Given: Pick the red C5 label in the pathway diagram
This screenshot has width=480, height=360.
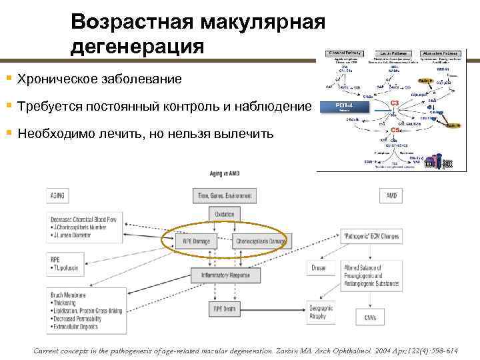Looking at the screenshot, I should click(395, 131).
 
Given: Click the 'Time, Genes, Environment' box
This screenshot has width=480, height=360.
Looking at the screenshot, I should click(223, 195).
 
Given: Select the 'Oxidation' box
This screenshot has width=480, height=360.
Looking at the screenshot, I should click(223, 213).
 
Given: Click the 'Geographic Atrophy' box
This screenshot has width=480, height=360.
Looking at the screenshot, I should click(320, 311).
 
